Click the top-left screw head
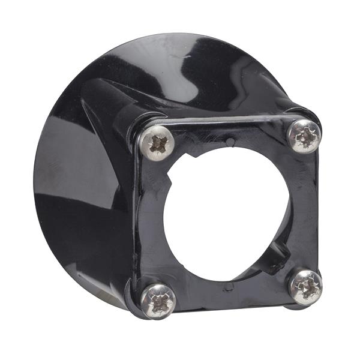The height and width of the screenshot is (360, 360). (158, 143)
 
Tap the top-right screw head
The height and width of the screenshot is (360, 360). (304, 136)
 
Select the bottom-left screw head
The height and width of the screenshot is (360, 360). (158, 300)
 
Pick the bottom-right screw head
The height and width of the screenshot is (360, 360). (305, 286)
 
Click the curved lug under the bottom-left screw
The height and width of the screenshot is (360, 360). (133, 299)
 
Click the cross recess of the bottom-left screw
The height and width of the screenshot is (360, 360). (159, 300)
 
